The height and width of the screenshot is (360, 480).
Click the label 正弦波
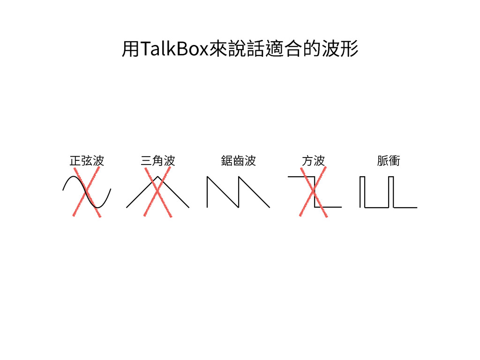coord(86,161)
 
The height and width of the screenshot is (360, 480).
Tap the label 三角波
coord(157,161)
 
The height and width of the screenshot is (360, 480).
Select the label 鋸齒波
coord(238,161)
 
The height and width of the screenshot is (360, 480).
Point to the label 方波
coord(313,161)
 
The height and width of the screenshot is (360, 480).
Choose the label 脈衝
coord(389,161)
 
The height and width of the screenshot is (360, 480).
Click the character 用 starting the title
coord(130,49)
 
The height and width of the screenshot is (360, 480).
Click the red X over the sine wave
coord(87,192)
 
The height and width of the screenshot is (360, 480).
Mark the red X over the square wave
coord(313,193)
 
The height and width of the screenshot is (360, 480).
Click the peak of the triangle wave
coord(158,177)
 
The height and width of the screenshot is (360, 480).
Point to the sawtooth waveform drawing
coord(238,192)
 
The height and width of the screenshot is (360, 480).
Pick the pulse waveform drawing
coord(388,192)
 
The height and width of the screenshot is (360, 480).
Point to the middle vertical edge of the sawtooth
coord(239,192)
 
